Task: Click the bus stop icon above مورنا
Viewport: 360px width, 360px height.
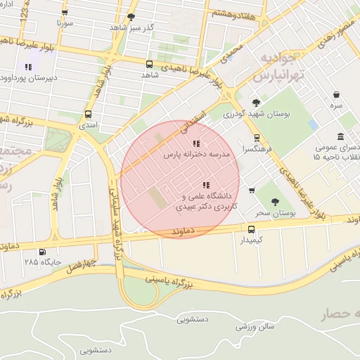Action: point(65,12)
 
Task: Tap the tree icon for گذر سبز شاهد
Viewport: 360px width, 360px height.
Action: point(131,17)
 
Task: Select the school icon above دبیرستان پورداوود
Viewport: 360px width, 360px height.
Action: point(29,67)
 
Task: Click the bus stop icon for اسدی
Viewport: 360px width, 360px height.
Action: point(88,114)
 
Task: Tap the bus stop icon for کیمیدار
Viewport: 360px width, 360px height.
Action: point(251,229)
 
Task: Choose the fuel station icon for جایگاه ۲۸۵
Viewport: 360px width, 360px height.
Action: point(42,252)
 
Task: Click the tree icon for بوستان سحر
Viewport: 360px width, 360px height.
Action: point(285,200)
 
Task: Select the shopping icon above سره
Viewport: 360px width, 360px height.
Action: point(337,94)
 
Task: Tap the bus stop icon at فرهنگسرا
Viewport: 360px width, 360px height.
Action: point(257,138)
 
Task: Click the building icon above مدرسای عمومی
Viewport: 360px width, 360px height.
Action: point(340,136)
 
